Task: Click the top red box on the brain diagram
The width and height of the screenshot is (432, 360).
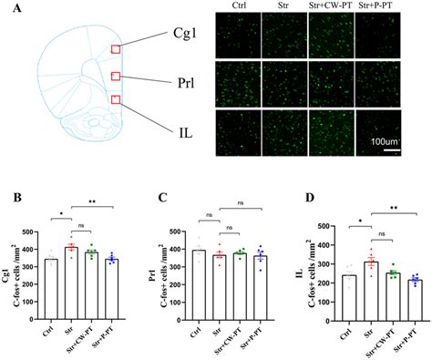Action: [115, 51]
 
